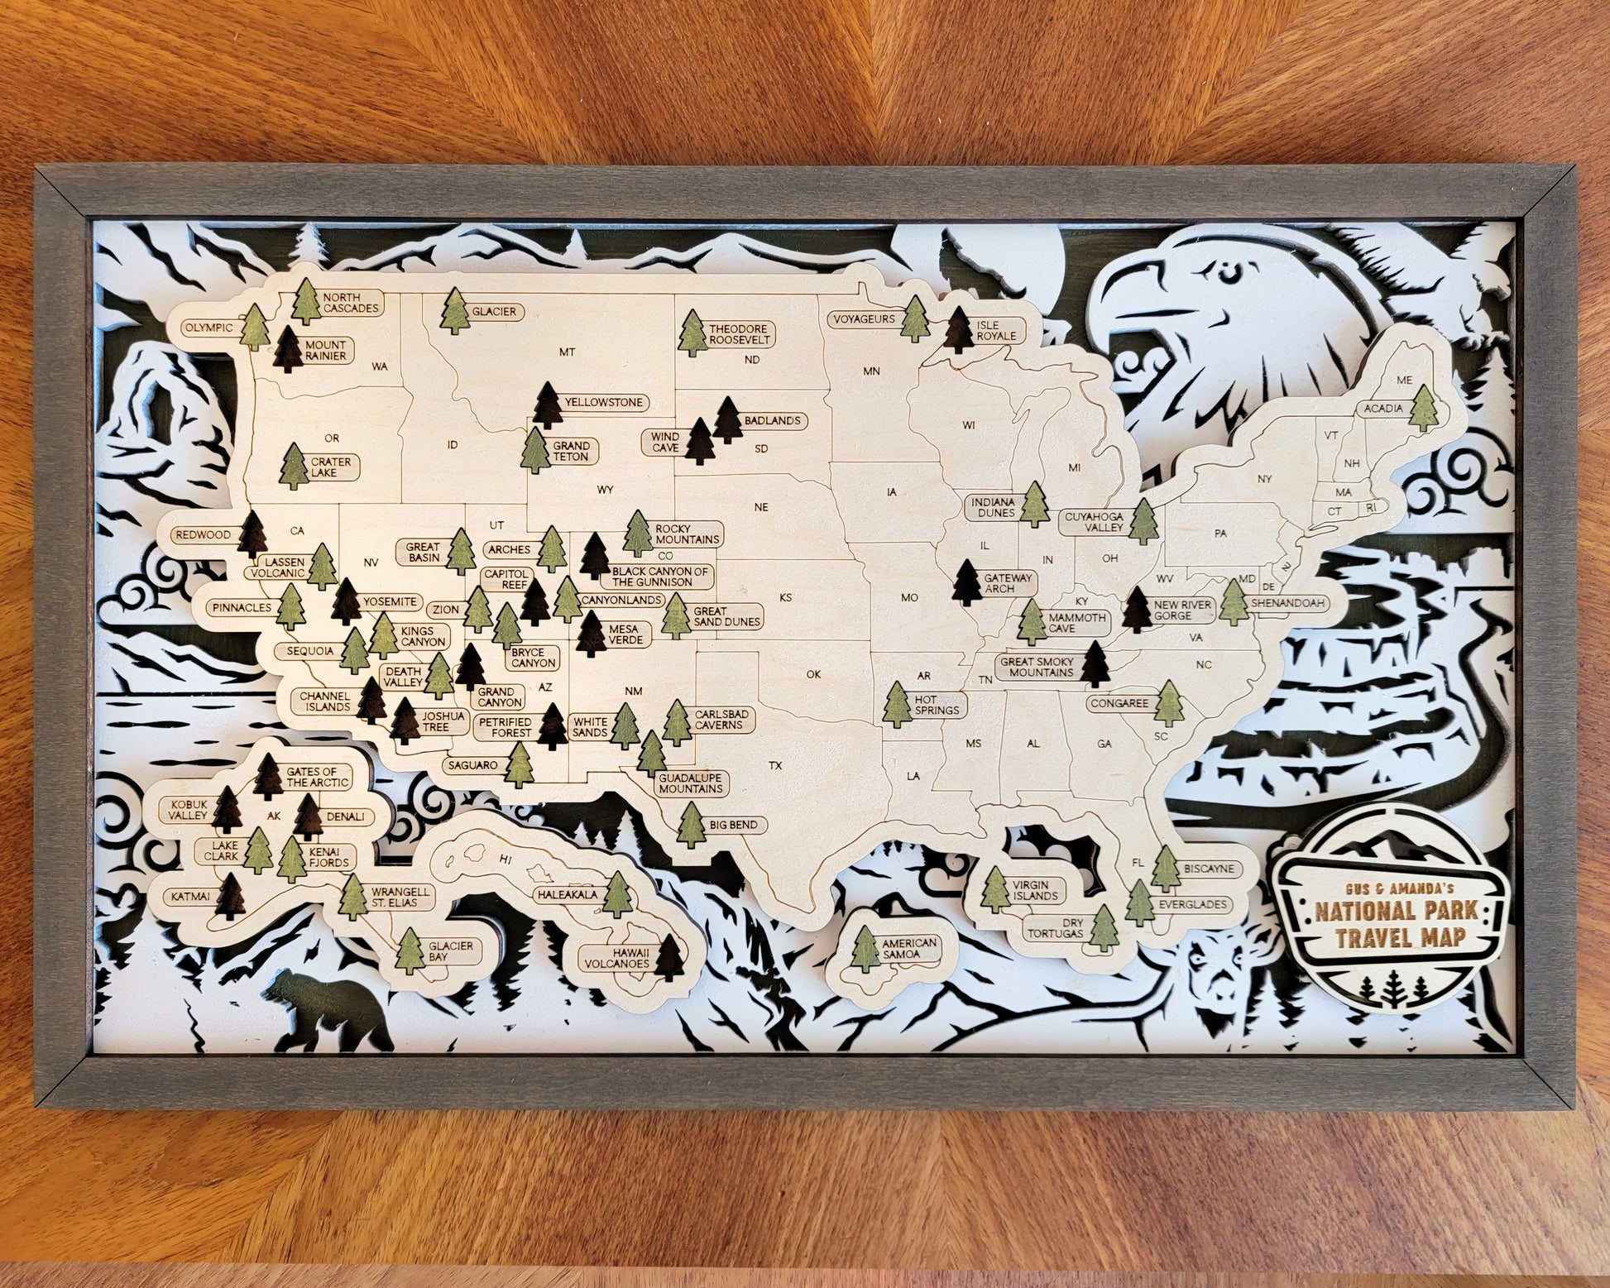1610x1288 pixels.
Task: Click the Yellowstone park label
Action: point(603,403)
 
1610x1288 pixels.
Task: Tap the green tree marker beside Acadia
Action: point(1424,408)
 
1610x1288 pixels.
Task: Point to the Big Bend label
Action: point(732,825)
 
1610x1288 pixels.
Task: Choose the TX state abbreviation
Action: point(775,765)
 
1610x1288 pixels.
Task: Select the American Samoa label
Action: point(908,948)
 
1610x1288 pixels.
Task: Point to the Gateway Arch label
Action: point(1008,583)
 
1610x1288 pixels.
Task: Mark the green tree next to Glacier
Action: point(454,313)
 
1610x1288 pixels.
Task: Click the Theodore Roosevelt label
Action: point(739,333)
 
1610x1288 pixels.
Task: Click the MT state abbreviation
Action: point(567,352)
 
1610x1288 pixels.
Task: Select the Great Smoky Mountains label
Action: point(1036,667)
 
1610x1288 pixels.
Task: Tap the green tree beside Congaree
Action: point(1169,702)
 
